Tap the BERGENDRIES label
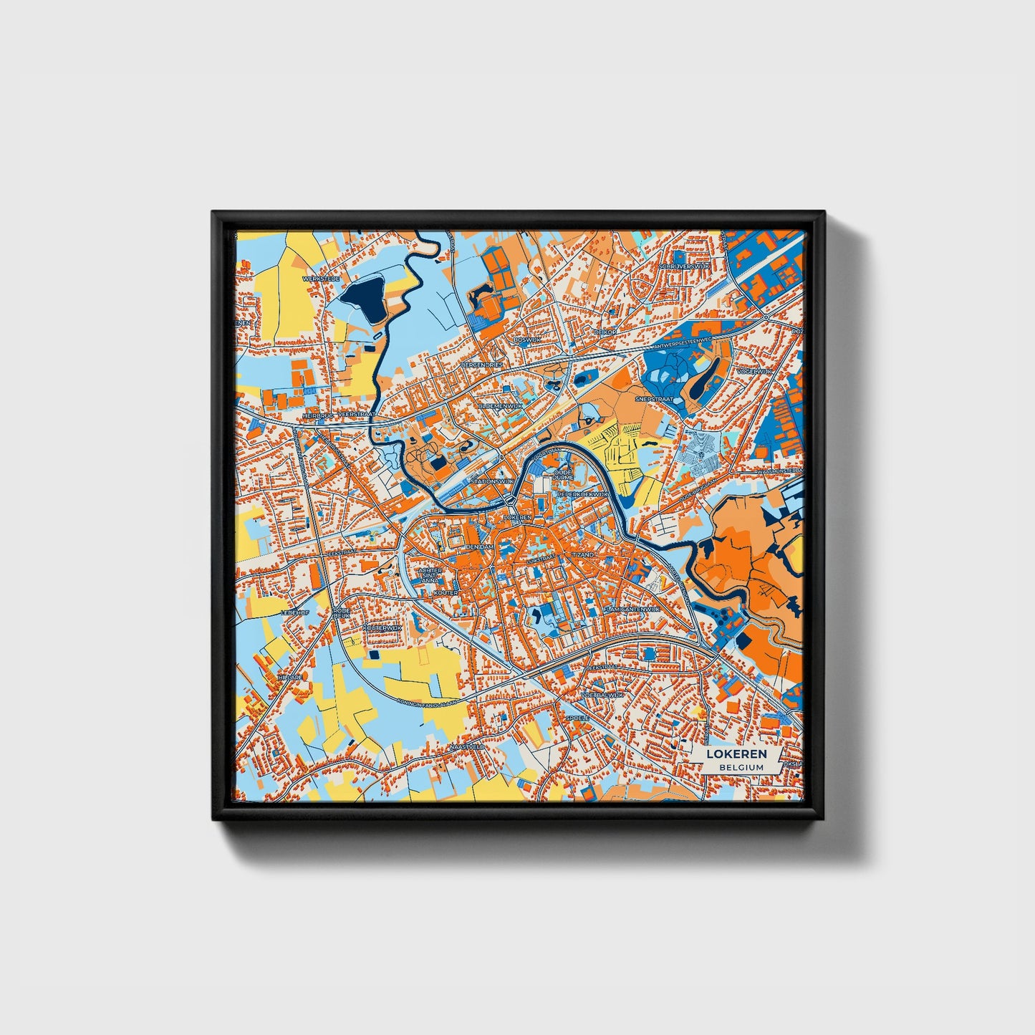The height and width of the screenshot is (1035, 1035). coord(482,365)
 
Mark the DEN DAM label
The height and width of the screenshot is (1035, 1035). coord(479,547)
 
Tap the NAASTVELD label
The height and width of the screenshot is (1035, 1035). coord(466,746)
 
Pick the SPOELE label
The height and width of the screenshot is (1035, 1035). coord(577,717)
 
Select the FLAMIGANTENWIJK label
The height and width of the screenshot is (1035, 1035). coord(631,609)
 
